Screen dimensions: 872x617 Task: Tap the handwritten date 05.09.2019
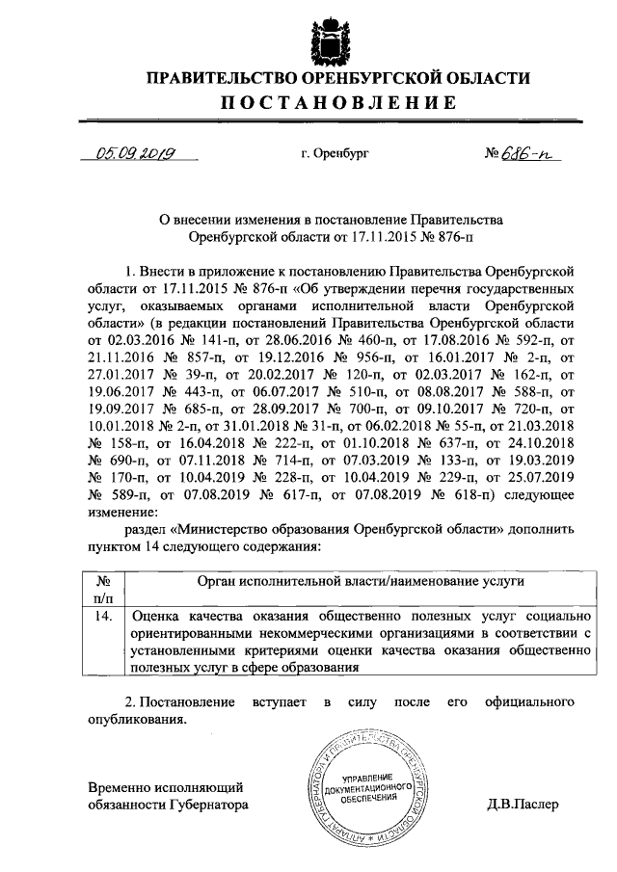(142, 151)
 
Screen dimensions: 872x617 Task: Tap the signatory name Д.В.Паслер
(523, 804)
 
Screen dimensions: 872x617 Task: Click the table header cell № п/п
(104, 590)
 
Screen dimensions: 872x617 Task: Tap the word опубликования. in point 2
(130, 719)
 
